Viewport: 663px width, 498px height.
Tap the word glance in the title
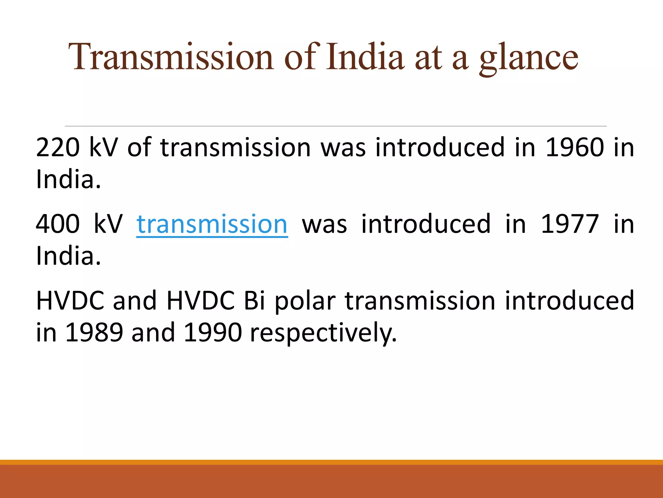point(528,58)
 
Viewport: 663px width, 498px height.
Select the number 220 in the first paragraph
point(58,148)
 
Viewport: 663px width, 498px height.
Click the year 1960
point(575,148)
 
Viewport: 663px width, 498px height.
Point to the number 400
point(58,224)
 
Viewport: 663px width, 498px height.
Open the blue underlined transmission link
point(212,224)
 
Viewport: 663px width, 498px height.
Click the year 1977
point(570,224)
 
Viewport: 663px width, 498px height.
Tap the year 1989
point(94,333)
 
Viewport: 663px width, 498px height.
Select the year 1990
point(213,333)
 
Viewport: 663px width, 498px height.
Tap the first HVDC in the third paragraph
point(70,301)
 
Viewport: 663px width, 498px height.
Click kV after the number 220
point(103,148)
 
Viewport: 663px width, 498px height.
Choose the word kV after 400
point(108,224)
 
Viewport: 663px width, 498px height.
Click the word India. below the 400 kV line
point(68,256)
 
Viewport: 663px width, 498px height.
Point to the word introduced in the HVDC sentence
point(569,301)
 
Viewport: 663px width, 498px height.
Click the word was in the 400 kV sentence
point(324,224)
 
